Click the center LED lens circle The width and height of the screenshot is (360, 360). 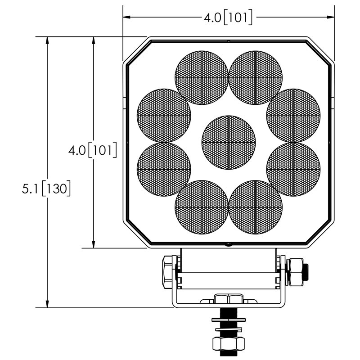point(229,142)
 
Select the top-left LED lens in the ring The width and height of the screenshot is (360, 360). point(202,77)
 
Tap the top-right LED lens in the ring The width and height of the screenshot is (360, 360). point(256,77)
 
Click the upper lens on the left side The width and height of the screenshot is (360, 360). point(163,115)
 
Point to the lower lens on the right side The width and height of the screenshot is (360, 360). point(293,170)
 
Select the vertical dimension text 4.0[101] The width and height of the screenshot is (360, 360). point(93,150)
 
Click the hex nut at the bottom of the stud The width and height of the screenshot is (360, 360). point(229,345)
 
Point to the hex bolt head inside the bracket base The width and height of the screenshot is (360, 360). point(229,299)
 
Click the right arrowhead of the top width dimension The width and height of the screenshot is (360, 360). point(331,18)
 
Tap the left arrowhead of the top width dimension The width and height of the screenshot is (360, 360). point(127,18)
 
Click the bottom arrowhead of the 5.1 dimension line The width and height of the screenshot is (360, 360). point(46,304)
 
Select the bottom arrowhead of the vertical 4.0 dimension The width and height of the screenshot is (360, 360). point(93,244)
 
